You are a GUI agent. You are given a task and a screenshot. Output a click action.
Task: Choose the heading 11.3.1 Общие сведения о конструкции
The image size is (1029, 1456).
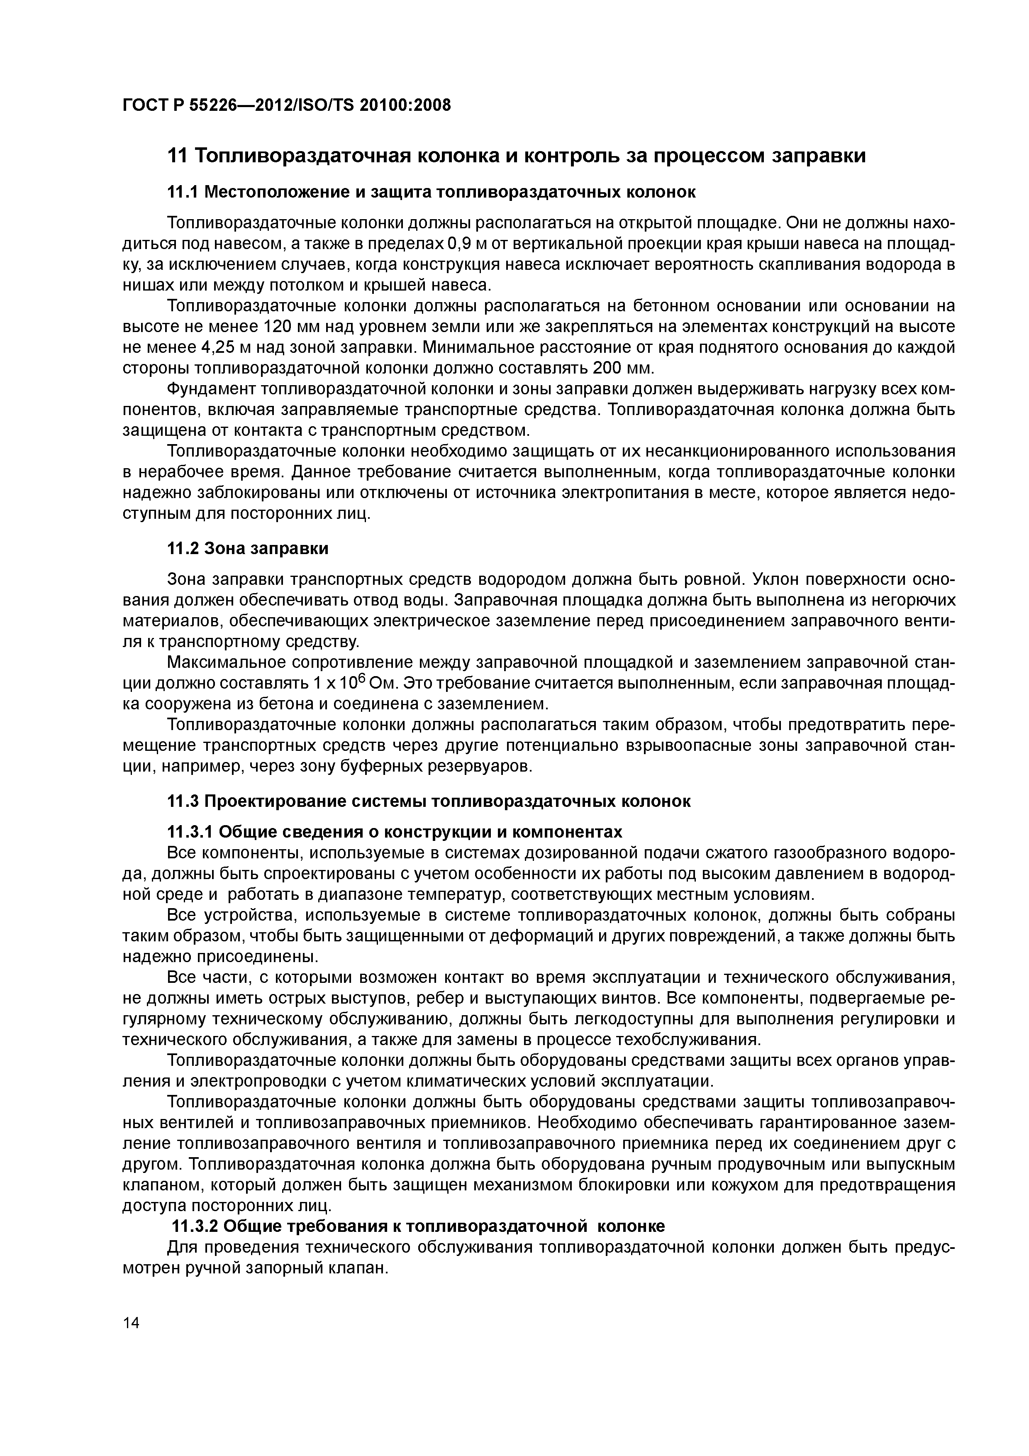394,831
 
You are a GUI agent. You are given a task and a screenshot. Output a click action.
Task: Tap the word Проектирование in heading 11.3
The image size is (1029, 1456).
266,801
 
